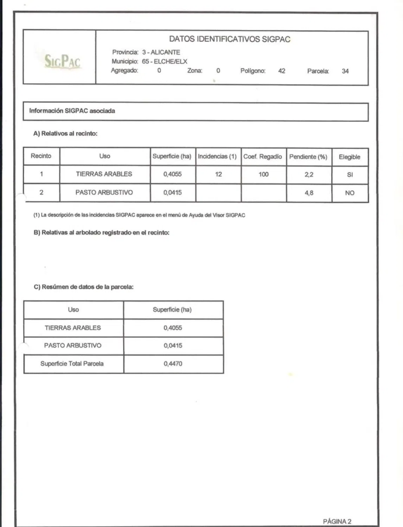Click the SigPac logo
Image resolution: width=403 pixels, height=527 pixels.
click(x=62, y=61)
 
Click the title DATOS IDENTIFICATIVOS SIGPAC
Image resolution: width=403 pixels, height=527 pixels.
click(x=230, y=39)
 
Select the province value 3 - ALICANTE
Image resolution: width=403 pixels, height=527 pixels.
click(x=161, y=52)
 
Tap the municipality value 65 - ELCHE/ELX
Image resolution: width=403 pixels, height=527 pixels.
click(x=165, y=61)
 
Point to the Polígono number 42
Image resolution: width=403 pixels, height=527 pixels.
click(x=282, y=71)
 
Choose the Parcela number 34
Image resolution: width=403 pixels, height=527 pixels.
click(x=345, y=71)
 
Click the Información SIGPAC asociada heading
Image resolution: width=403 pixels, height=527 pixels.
click(x=72, y=111)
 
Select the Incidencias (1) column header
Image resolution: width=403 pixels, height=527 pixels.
click(x=217, y=156)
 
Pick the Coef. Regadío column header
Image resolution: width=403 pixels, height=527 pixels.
click(x=263, y=157)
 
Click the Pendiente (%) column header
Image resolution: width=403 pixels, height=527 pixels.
click(x=308, y=157)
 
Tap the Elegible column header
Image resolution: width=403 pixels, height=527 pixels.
click(x=349, y=157)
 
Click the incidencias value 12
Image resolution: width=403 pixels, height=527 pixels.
click(x=218, y=174)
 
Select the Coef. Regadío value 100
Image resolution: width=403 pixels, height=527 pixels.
click(x=263, y=174)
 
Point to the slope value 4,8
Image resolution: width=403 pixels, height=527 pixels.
click(x=309, y=193)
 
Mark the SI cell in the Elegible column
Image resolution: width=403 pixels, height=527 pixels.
click(x=350, y=175)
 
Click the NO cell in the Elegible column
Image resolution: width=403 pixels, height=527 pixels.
click(x=350, y=193)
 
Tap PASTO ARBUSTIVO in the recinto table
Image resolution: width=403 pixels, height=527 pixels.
click(x=104, y=193)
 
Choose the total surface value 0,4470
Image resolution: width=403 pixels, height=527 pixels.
click(x=173, y=364)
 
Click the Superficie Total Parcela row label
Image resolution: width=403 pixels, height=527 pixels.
click(x=72, y=364)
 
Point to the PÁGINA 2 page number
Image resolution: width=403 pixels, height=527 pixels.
click(x=337, y=521)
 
